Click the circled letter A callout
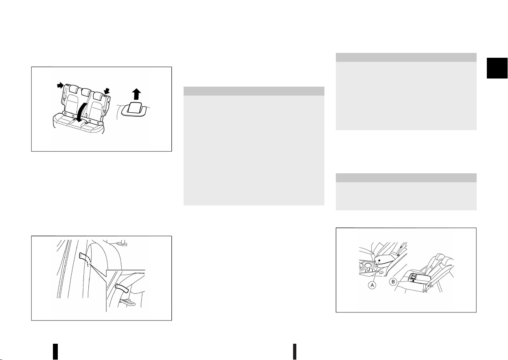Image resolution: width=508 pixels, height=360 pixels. [x=372, y=285]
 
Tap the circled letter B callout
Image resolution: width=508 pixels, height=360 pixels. [x=393, y=282]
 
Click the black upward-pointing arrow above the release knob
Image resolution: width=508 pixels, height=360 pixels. [x=136, y=94]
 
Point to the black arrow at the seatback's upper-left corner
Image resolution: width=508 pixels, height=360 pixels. [x=60, y=85]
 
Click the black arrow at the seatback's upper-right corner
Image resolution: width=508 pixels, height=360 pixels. [x=107, y=91]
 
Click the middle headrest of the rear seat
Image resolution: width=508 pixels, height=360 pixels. [x=86, y=92]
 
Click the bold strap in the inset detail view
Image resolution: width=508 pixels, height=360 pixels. [x=122, y=288]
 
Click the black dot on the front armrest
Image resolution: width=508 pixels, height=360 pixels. [x=379, y=260]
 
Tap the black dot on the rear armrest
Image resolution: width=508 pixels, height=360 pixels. [x=413, y=281]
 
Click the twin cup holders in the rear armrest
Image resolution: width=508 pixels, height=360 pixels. [x=414, y=276]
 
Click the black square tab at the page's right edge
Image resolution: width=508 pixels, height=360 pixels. [x=497, y=68]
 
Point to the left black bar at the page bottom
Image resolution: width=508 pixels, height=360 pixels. [x=55, y=351]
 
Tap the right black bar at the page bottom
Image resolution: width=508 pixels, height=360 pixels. [x=295, y=351]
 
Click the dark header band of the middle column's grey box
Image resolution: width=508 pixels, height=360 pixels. [x=254, y=91]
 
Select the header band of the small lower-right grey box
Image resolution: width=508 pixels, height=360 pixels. [x=406, y=178]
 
